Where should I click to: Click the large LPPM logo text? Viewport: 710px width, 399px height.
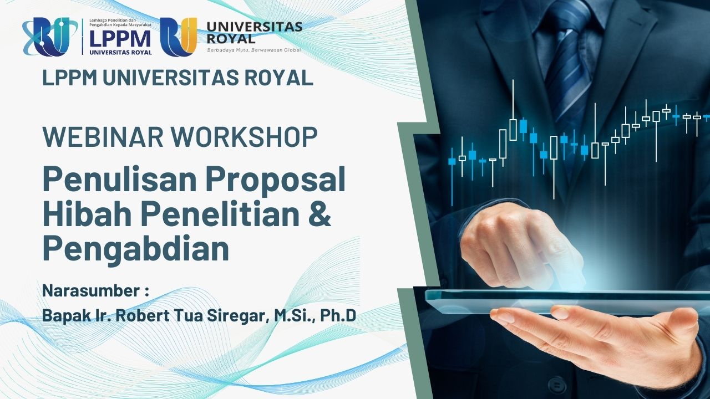coord(120,39)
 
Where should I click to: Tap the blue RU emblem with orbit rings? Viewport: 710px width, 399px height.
coord(50,37)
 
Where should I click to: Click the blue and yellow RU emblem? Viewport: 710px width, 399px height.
coord(179,37)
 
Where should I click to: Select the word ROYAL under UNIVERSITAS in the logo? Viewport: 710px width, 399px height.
coord(230,39)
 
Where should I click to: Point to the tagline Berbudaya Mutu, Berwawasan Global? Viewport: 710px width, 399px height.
coord(253,50)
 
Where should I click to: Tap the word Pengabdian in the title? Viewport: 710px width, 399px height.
coord(136,249)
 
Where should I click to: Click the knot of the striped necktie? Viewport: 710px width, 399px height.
coord(567,19)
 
